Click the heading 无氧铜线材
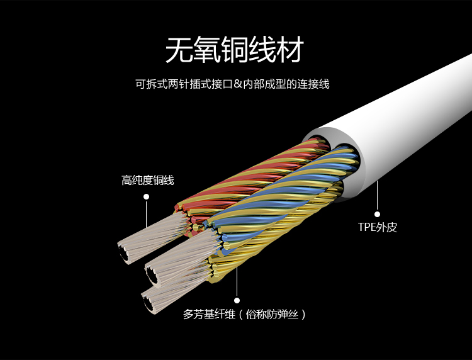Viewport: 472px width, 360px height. pos(235,50)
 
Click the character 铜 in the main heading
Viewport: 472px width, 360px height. pos(235,50)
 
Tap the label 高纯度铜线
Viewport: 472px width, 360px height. pos(148,181)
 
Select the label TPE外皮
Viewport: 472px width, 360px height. pos(378,227)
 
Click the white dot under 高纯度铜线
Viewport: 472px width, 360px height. pos(146,196)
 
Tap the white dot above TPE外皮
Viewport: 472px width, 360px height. pos(378,213)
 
